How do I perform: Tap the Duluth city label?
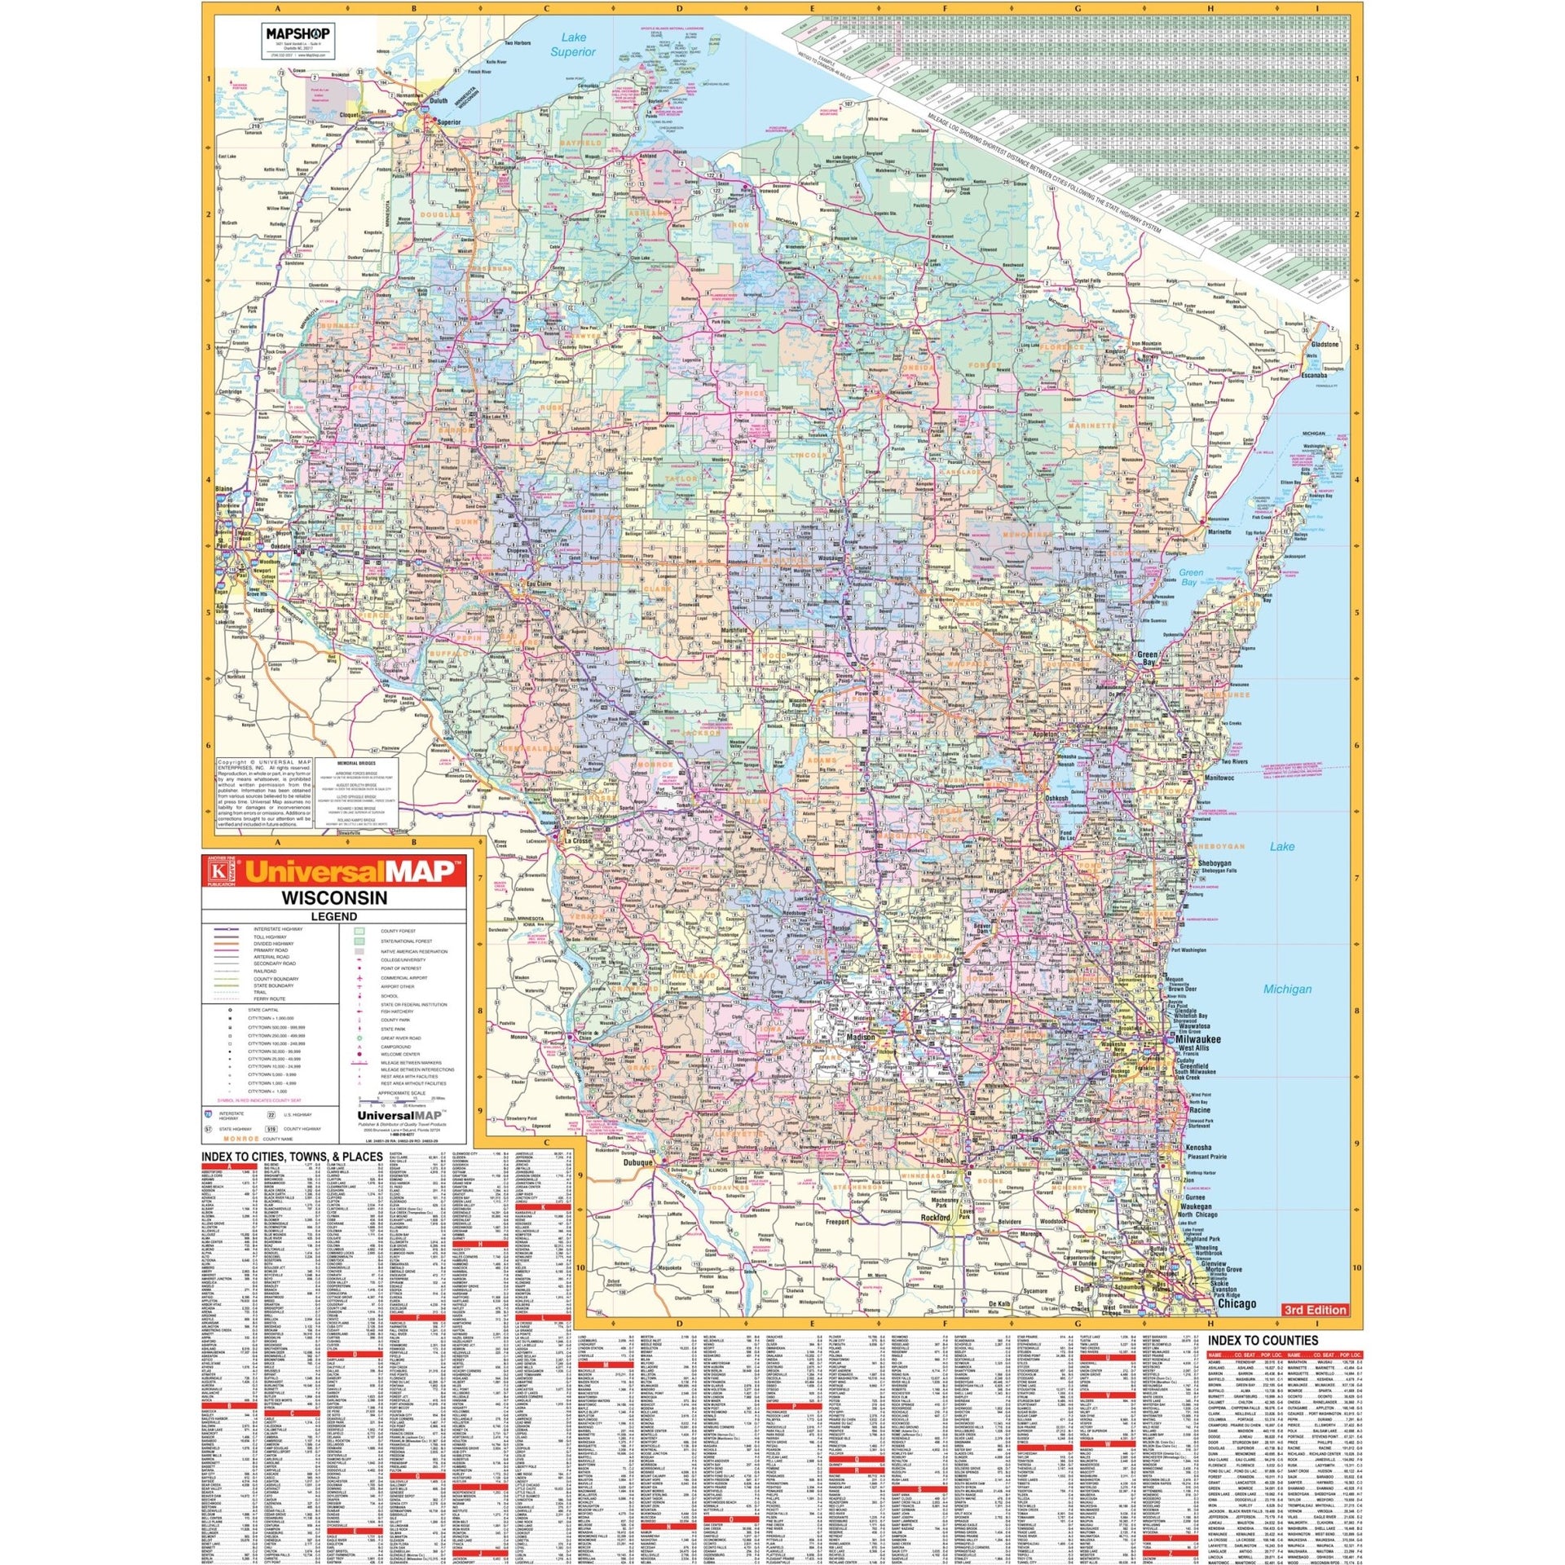(439, 102)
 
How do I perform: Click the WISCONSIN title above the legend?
(334, 898)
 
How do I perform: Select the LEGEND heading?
(334, 916)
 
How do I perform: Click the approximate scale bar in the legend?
(399, 1100)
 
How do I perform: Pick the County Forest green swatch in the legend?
(359, 930)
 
